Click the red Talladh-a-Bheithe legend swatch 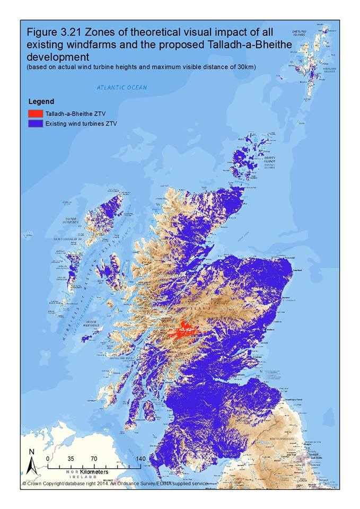coord(35,113)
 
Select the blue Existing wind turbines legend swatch coord(35,124)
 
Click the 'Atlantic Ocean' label coord(121,87)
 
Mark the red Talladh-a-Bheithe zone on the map coord(183,332)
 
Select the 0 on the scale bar coord(48,459)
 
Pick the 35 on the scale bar coord(71,459)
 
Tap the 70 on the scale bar coord(94,459)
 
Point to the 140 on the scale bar coord(140,459)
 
